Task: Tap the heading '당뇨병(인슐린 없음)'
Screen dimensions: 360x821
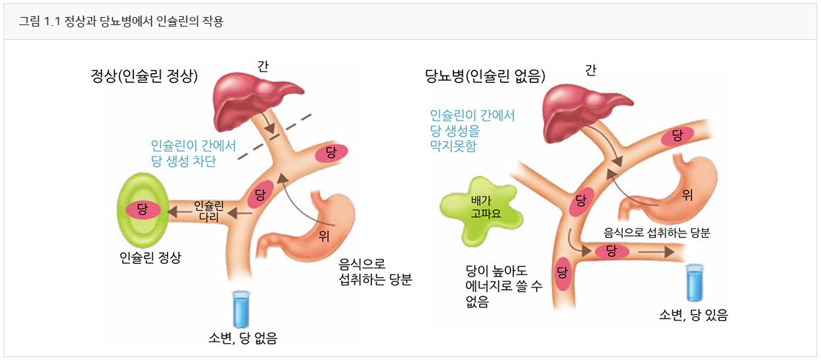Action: [485, 75]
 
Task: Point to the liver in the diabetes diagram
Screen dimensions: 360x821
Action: [584, 103]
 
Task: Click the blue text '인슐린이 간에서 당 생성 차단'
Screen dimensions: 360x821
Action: [194, 153]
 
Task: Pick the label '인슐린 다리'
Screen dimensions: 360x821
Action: [209, 210]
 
